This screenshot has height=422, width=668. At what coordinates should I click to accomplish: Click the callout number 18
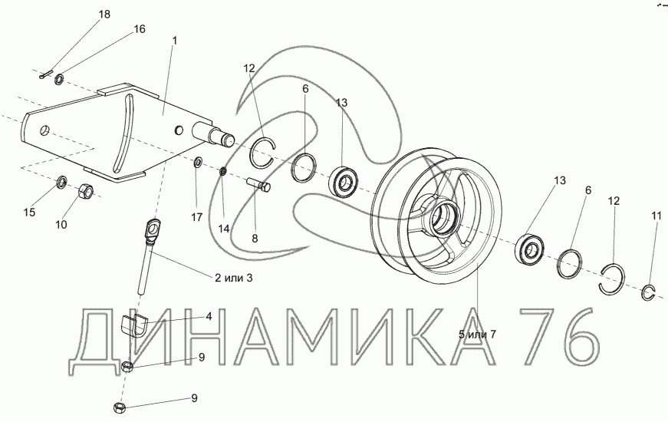(104, 15)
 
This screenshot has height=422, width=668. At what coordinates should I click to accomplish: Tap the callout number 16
(140, 29)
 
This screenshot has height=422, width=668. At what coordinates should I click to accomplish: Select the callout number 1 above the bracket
(174, 40)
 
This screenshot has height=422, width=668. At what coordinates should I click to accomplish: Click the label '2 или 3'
(233, 278)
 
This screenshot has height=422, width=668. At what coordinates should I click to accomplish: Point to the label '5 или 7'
(477, 335)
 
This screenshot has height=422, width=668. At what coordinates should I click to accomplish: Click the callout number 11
(656, 216)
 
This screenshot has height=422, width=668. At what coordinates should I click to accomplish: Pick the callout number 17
(196, 217)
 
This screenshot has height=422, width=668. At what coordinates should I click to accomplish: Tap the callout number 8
(255, 239)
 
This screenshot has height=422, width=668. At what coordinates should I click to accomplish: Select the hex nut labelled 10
(87, 193)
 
